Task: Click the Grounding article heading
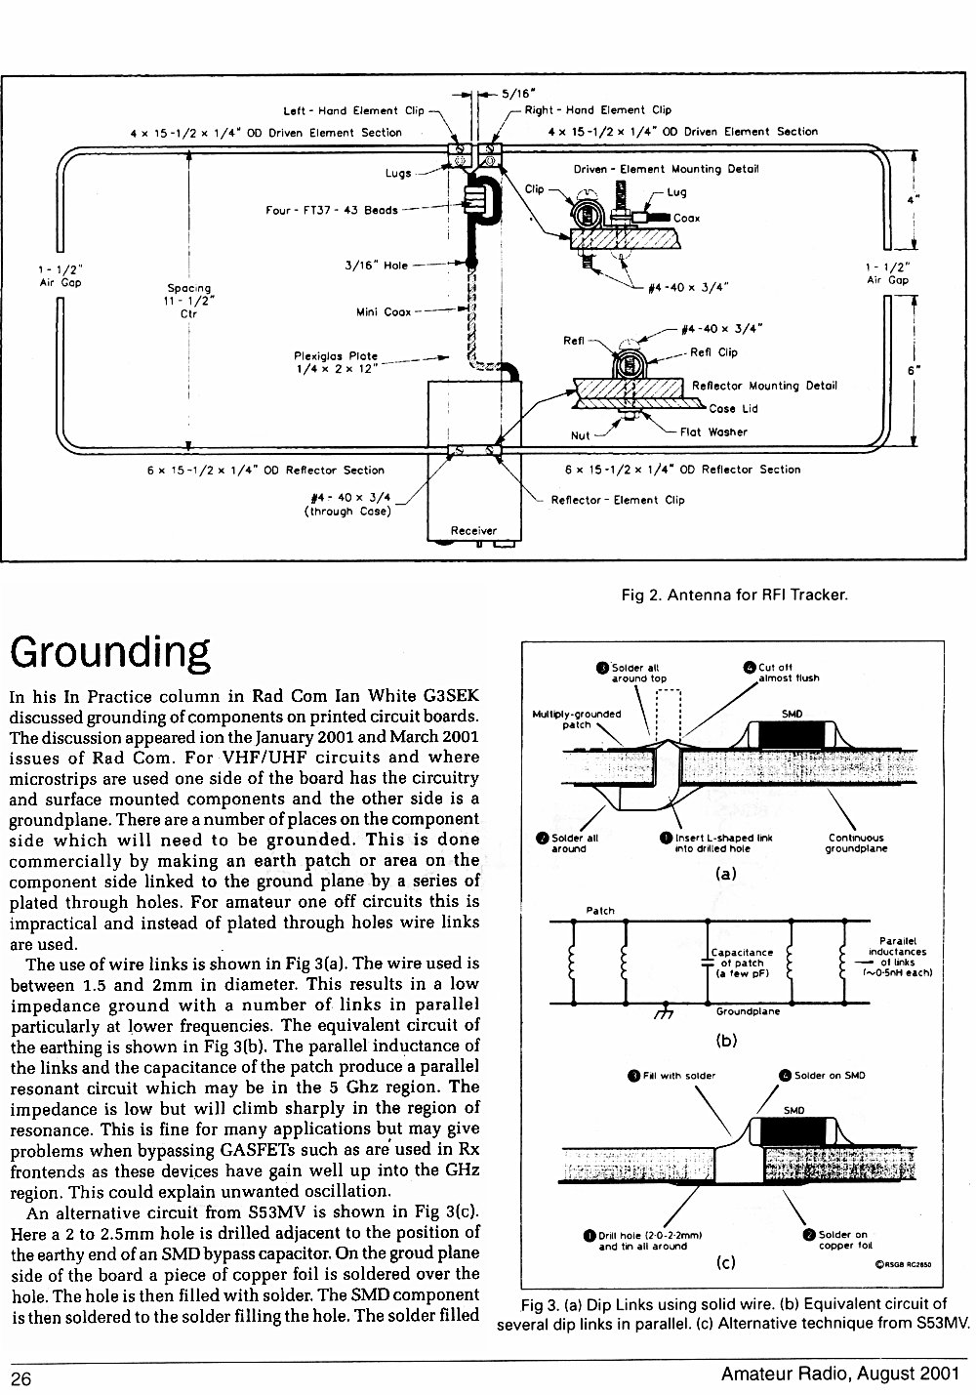(110, 653)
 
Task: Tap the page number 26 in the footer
(20, 1378)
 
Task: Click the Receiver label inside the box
(473, 531)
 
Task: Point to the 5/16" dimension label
(518, 94)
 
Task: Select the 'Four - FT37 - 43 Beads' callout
(331, 211)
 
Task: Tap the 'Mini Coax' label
(384, 312)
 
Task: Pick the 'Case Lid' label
(733, 408)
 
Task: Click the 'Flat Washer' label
(713, 432)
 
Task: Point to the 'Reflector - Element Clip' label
(618, 500)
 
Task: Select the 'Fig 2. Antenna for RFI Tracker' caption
(735, 595)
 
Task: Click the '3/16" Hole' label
(376, 266)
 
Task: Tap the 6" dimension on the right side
(914, 370)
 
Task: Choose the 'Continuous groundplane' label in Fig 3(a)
(856, 843)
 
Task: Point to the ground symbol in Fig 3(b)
(666, 1010)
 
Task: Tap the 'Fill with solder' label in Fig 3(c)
(672, 1076)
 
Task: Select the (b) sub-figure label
(726, 1040)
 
